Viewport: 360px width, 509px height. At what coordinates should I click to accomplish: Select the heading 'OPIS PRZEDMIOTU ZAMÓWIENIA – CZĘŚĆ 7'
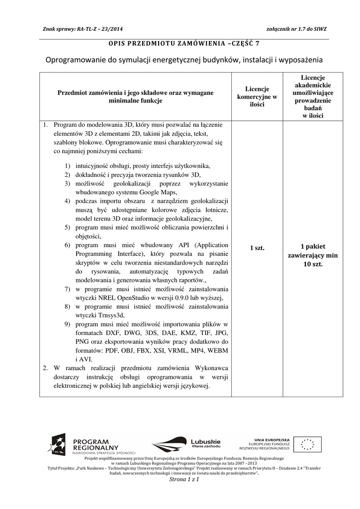[x=184, y=43]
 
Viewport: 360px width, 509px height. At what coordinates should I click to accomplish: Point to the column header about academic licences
[x=313, y=96]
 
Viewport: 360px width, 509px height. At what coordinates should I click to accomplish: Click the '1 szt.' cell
[x=257, y=248]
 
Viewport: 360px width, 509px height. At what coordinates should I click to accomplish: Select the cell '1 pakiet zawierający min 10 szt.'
[x=313, y=255]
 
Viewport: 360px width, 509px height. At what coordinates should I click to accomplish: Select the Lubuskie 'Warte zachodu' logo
[x=186, y=443]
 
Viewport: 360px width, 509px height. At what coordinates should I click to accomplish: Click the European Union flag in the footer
[x=307, y=444]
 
